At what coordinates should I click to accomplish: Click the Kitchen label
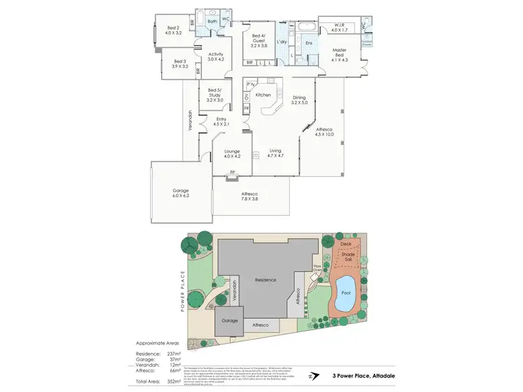click(x=263, y=94)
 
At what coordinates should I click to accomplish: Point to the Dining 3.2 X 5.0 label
click(x=298, y=100)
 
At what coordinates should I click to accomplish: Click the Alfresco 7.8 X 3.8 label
click(x=250, y=196)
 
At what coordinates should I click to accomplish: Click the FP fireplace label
click(x=232, y=171)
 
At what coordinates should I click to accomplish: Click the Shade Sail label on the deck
click(x=347, y=257)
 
